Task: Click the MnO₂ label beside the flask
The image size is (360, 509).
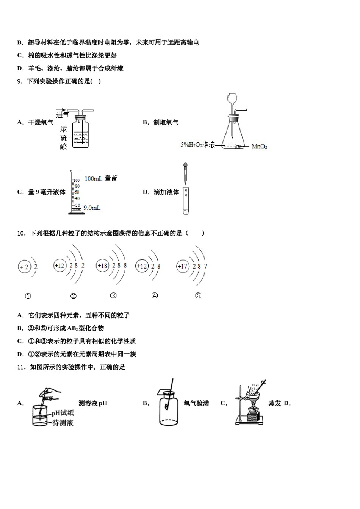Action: (259, 147)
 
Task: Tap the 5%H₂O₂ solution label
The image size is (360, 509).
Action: (197, 145)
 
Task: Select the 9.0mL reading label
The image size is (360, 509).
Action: (92, 208)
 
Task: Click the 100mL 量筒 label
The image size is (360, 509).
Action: (101, 178)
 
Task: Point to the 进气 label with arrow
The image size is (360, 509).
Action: (63, 113)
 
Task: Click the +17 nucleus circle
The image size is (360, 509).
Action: (183, 266)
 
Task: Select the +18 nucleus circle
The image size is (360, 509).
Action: (102, 266)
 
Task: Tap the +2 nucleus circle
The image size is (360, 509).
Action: (24, 267)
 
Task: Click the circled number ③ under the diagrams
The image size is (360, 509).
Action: (113, 296)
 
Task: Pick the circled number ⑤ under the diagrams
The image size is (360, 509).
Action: (198, 296)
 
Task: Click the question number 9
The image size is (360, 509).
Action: (20, 81)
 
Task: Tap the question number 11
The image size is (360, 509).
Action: (21, 367)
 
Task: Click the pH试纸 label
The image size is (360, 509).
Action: (63, 414)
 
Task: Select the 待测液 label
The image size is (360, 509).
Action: (63, 423)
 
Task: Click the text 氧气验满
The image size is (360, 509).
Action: (196, 403)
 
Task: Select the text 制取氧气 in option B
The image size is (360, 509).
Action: (166, 122)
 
